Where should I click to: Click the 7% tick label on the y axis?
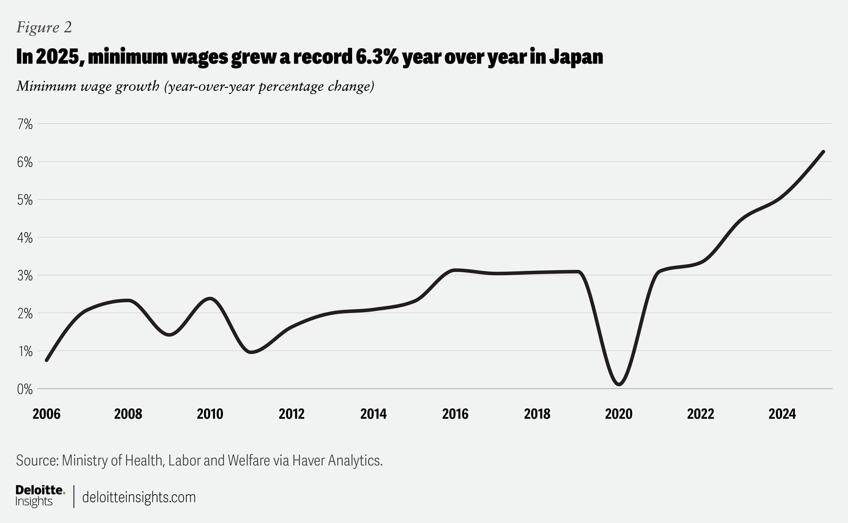pos(25,124)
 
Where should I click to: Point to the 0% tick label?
pos(25,389)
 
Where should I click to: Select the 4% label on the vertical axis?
pos(25,238)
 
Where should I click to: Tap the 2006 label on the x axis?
pos(46,414)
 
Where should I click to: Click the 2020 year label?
pos(618,414)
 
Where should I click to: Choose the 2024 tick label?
pos(782,414)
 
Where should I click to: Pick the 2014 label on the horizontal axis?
pos(373,414)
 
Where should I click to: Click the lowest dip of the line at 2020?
pos(619,384)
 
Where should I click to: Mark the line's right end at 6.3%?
pos(823,152)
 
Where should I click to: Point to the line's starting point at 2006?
pos(47,360)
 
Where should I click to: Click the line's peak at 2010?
pos(210,299)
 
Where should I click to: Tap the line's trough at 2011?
pos(251,352)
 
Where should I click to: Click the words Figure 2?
pos(44,27)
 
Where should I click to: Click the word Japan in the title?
pos(576,57)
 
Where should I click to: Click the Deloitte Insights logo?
pos(40,496)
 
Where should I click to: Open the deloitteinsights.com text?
pos(139,497)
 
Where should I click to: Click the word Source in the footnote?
pos(37,461)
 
